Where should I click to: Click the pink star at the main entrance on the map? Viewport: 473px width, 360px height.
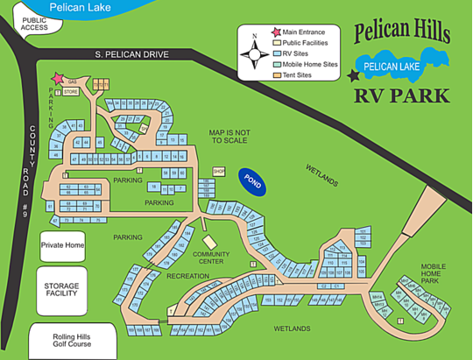click(x=59, y=79)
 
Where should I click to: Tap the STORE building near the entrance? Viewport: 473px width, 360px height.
click(x=71, y=90)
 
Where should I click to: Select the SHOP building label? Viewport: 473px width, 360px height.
click(x=220, y=171)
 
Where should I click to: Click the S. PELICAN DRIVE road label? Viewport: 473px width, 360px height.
click(x=131, y=54)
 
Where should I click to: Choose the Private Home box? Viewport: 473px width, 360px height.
click(x=62, y=245)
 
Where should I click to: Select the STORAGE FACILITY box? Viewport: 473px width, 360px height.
click(x=62, y=289)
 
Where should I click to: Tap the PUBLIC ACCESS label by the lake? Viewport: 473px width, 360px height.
click(x=34, y=24)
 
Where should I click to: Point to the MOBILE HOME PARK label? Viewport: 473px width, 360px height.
click(x=433, y=273)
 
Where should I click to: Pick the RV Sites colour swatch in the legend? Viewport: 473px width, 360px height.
click(x=276, y=53)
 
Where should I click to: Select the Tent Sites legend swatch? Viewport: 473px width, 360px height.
click(x=276, y=74)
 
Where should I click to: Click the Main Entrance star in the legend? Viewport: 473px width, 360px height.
click(x=276, y=32)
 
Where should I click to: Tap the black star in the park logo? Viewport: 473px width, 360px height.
click(x=353, y=76)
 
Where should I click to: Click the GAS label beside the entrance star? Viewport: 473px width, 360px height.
click(x=73, y=79)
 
